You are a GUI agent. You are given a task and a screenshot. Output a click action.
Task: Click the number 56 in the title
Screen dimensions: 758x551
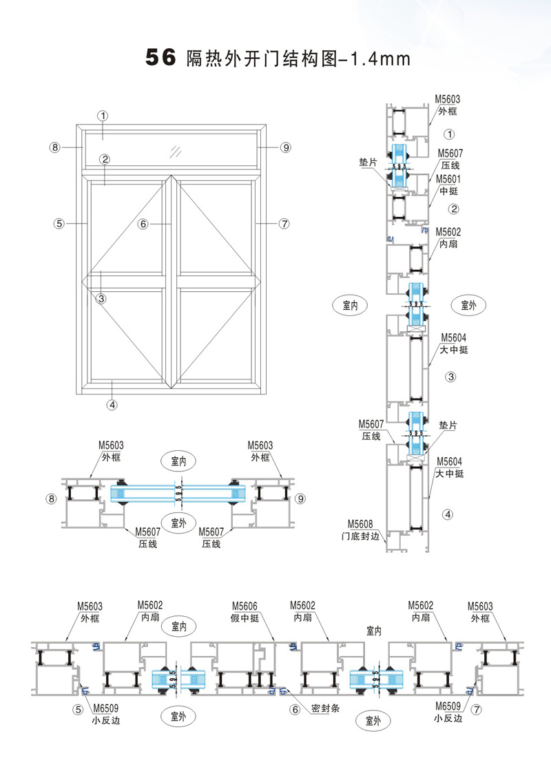[x=160, y=59]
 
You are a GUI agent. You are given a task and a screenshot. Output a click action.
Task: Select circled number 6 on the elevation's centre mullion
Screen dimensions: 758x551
[x=143, y=224]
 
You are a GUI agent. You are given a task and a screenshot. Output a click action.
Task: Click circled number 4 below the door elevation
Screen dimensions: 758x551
[x=112, y=405]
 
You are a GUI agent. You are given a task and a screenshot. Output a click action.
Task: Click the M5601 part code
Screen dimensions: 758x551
[x=447, y=179]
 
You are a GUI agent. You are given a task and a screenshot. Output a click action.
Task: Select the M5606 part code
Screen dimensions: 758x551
[x=245, y=605]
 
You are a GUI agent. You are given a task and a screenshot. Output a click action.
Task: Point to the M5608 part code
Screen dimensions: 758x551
[x=360, y=523]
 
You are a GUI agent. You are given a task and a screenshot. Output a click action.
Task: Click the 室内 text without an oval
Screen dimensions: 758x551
[x=375, y=630]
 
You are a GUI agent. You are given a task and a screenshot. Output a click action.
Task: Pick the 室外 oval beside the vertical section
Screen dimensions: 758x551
[x=468, y=305]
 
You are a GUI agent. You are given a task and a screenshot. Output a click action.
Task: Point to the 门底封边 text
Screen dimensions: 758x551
[x=360, y=535]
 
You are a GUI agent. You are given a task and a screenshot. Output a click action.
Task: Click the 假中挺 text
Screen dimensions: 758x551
[x=245, y=618]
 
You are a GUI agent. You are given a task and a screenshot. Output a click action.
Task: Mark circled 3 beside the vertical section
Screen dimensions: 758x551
[x=451, y=377]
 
